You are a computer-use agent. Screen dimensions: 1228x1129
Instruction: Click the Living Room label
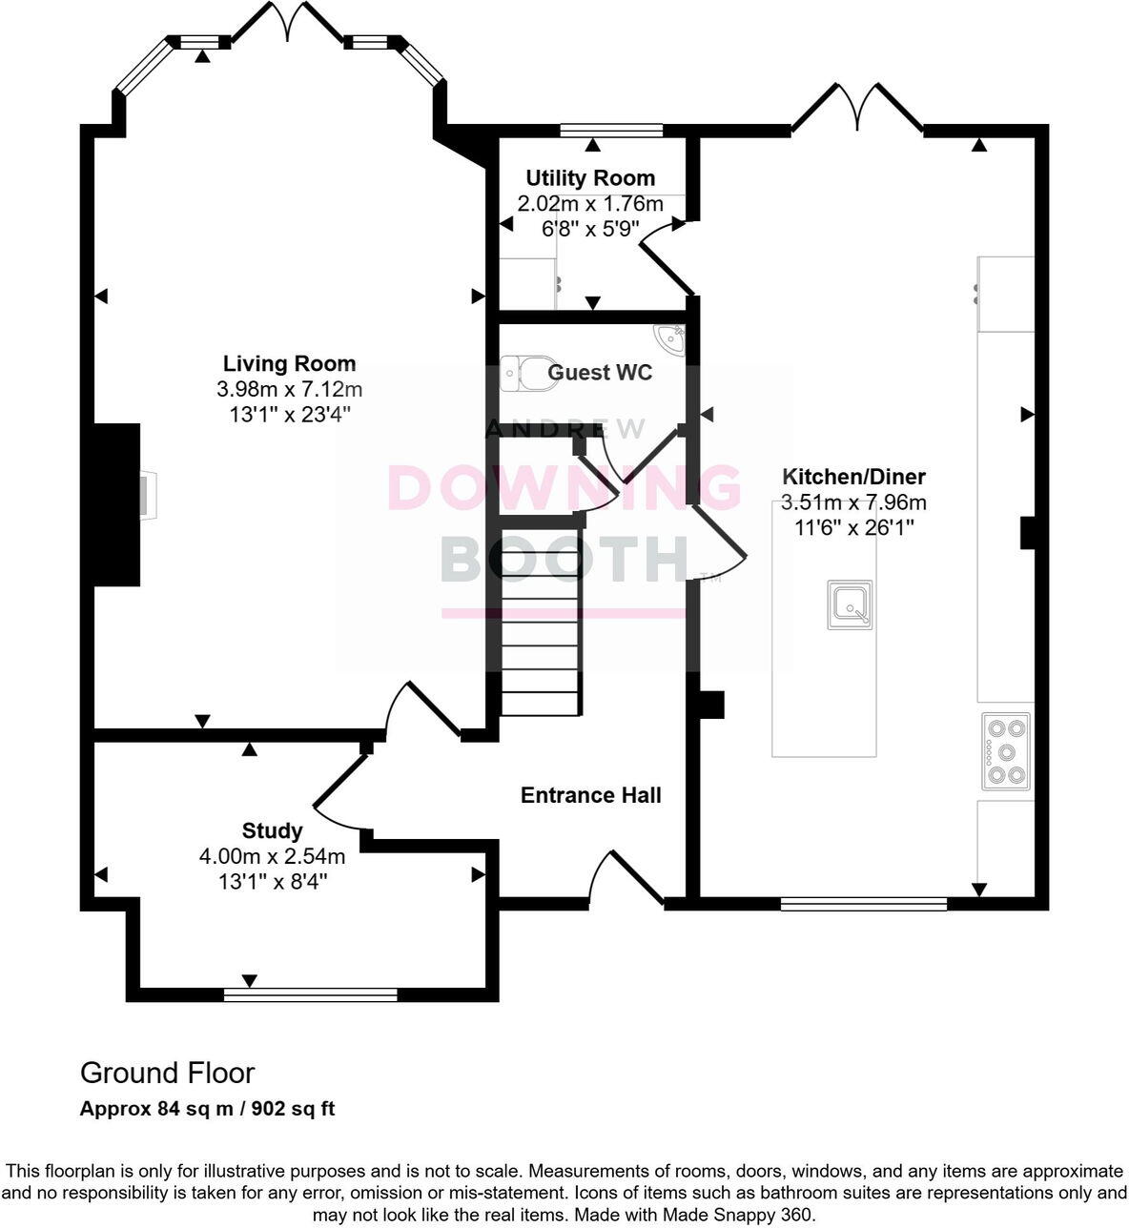pyautogui.click(x=289, y=363)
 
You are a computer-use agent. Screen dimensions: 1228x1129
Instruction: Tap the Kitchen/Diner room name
pyautogui.click(x=853, y=477)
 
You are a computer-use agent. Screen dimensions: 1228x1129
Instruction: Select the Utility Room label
pyautogui.click(x=590, y=178)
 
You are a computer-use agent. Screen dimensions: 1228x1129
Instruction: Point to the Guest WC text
pyautogui.click(x=600, y=372)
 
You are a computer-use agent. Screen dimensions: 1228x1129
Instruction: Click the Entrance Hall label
pyautogui.click(x=590, y=795)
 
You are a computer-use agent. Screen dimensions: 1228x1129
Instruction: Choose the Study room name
pyautogui.click(x=272, y=830)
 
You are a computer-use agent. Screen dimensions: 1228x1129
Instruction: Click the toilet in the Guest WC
pyautogui.click(x=523, y=373)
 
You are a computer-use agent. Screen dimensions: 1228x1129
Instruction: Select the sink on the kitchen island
pyautogui.click(x=849, y=604)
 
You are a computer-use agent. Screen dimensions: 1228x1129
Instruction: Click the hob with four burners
pyautogui.click(x=1006, y=751)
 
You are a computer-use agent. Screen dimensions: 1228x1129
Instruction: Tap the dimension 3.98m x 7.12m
pyautogui.click(x=289, y=389)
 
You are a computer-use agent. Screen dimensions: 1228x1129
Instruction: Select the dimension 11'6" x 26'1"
pyautogui.click(x=853, y=527)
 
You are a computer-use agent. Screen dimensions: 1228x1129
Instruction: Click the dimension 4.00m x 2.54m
pyautogui.click(x=272, y=856)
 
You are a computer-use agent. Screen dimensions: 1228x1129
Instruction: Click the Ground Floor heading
pyautogui.click(x=168, y=1073)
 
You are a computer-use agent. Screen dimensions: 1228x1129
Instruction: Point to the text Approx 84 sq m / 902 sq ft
pyautogui.click(x=207, y=1109)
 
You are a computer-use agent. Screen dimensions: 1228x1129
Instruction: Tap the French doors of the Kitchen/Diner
pyautogui.click(x=857, y=108)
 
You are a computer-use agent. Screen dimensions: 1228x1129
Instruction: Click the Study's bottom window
pyautogui.click(x=310, y=994)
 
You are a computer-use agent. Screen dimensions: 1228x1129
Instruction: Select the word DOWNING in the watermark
pyautogui.click(x=564, y=488)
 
